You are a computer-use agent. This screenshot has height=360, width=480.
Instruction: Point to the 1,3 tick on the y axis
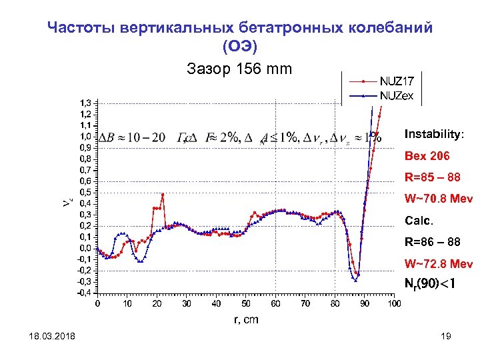coord(86,103)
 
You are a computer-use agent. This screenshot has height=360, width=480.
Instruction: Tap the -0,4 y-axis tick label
coord(85,292)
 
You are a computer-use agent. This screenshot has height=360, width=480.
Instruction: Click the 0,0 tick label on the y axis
coord(86,248)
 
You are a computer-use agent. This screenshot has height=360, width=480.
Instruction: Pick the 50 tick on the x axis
coord(245,304)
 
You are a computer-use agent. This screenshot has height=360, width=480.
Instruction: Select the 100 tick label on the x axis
coord(393,304)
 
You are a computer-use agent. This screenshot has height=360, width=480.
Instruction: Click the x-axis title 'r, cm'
coord(246,319)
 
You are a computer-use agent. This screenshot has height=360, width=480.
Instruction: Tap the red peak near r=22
coord(163,195)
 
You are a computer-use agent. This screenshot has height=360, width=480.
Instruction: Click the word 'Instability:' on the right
coord(433,134)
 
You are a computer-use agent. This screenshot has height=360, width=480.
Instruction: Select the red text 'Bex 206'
coord(427,156)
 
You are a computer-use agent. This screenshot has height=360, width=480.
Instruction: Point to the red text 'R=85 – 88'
coord(431,177)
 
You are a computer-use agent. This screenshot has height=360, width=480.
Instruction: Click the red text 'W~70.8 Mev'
coord(436,199)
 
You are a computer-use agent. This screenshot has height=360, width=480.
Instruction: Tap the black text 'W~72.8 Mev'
coord(436,263)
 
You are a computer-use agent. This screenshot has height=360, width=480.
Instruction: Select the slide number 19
coord(446,338)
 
